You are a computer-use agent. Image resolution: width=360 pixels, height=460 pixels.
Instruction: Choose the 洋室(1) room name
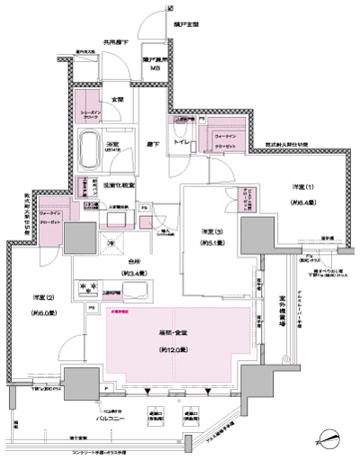click(x=303, y=185)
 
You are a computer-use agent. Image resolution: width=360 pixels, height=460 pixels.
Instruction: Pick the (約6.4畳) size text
click(x=303, y=203)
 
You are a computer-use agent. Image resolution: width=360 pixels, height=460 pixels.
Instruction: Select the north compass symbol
click(x=328, y=439)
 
